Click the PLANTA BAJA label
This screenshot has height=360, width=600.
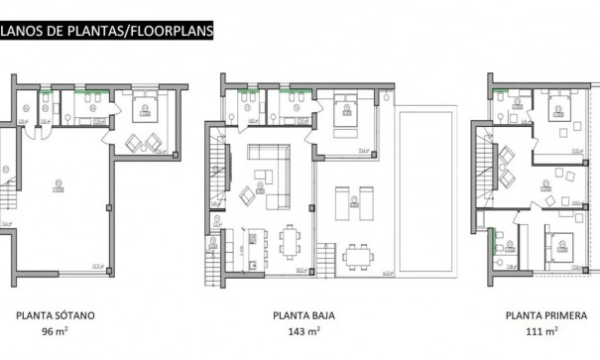(x=304, y=317)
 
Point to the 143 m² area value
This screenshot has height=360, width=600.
(x=304, y=333)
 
